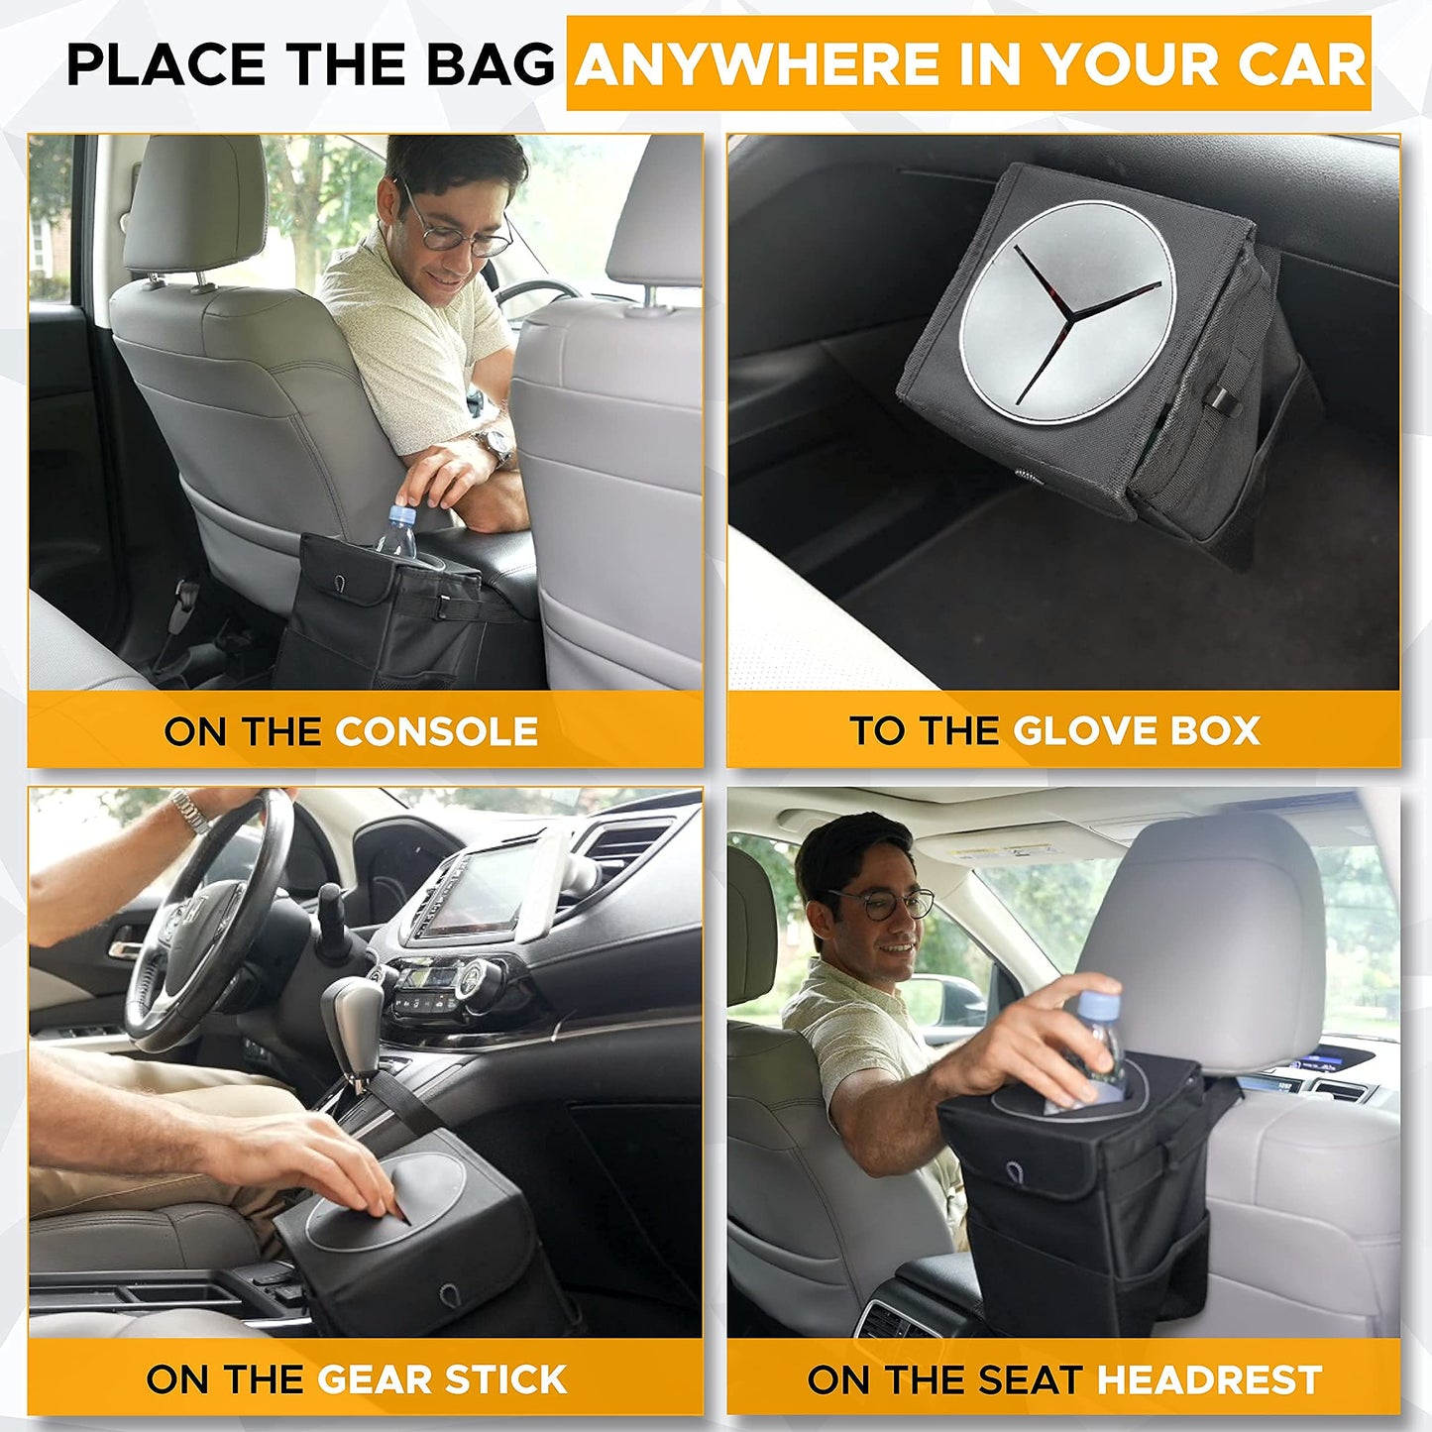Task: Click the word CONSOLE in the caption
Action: tap(436, 731)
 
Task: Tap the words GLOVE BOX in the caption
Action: tap(1136, 731)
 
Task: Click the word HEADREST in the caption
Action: tap(1209, 1378)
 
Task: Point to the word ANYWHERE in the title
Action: tap(758, 64)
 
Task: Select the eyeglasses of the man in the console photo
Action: tap(458, 230)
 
